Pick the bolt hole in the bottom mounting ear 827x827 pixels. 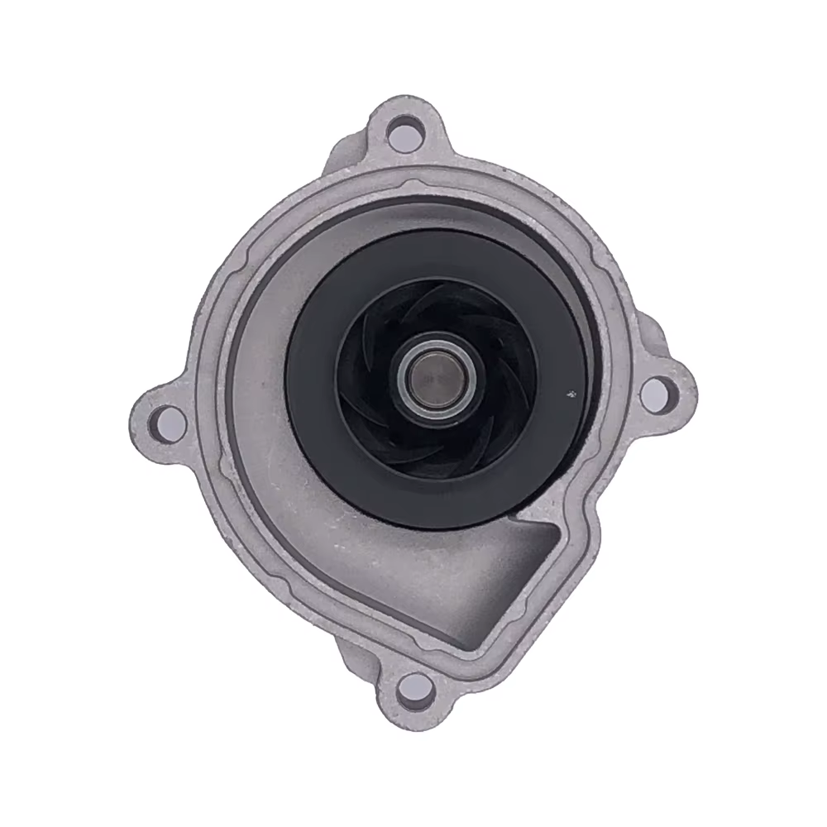pyautogui.click(x=413, y=685)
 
